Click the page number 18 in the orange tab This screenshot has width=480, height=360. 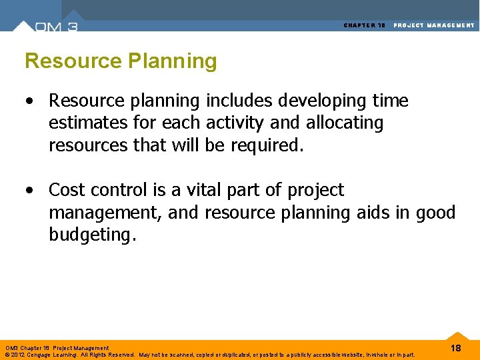(x=456, y=349)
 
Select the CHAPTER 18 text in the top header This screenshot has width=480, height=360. (x=365, y=25)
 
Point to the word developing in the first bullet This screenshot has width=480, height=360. (x=309, y=101)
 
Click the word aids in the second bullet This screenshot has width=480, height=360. (x=359, y=213)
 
